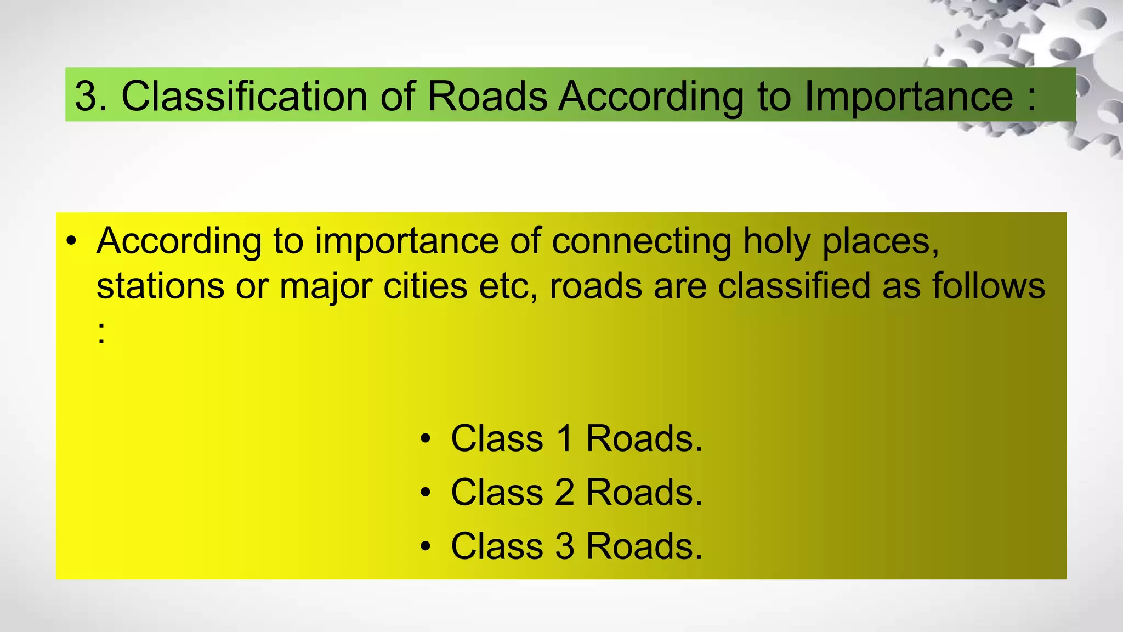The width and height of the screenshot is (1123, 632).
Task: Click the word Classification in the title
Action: (243, 97)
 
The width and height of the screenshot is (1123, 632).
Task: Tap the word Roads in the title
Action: (487, 97)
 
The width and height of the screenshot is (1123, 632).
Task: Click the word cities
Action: (425, 286)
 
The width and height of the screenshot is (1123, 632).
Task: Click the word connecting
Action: (641, 241)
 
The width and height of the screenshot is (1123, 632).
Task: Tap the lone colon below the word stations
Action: (101, 332)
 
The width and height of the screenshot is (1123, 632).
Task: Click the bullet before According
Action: (71, 241)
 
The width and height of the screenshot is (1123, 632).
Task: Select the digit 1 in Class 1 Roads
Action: (565, 438)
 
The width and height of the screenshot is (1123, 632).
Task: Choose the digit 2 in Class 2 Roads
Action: (565, 492)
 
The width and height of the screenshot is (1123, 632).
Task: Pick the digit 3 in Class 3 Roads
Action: (565, 546)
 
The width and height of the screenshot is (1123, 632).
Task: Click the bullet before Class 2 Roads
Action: (426, 493)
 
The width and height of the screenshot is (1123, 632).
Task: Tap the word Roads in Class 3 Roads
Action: (644, 546)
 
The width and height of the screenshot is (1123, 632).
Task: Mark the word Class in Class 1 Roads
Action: (497, 438)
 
